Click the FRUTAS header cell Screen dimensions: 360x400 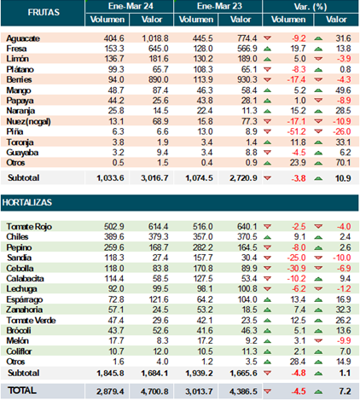point(44,12)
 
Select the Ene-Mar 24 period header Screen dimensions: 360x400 point(131,6)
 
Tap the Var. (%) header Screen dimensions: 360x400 point(311,6)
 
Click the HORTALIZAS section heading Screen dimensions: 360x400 point(27,202)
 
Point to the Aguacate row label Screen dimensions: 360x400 point(23,38)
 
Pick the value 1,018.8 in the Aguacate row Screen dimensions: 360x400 point(155,38)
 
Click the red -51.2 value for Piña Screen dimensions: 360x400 point(296,131)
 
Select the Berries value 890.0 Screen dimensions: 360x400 point(159,79)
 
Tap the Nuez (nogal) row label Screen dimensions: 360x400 point(28,121)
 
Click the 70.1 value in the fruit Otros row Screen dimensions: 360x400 point(343,163)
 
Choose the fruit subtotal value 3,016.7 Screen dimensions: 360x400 point(154,178)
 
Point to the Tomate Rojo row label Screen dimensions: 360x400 point(29,227)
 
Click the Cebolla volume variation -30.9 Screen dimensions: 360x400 point(296,268)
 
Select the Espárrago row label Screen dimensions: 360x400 point(25,299)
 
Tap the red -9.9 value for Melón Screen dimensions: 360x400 point(344,340)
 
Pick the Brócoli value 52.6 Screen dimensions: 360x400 point(160,330)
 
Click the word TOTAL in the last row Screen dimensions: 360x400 point(22,391)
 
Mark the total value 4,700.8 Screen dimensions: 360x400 point(154,391)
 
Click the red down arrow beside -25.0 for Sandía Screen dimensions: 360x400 point(267,258)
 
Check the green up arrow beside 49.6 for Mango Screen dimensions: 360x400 point(318,90)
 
